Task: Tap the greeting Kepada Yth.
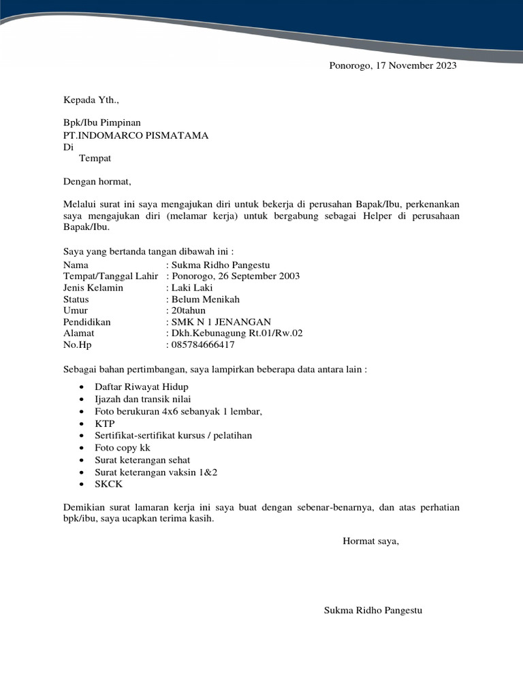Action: (91, 100)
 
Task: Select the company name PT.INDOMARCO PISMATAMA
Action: (136, 135)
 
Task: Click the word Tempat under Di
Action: (95, 159)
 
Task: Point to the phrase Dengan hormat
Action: (97, 182)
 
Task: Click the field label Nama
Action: (76, 265)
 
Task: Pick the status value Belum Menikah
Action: (206, 299)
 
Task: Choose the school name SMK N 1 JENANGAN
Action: (221, 322)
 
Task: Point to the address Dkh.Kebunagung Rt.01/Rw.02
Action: (237, 334)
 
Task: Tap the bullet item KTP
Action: (106, 423)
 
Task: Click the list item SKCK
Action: (109, 484)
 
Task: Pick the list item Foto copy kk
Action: (123, 448)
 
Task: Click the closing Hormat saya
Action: (370, 541)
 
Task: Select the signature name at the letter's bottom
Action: (373, 611)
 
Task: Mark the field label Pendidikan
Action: (86, 322)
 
